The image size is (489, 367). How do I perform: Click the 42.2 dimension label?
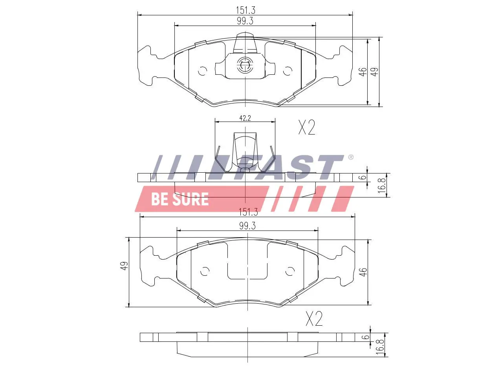tap(245, 118)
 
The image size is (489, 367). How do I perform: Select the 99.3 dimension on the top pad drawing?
tap(245, 21)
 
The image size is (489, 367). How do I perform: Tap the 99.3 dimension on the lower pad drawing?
tap(247, 226)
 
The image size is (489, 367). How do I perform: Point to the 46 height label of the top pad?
tap(363, 72)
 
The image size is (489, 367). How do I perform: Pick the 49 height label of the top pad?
tap(375, 72)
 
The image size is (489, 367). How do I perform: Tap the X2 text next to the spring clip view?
tap(306, 127)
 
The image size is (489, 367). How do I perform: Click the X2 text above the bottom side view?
tap(314, 319)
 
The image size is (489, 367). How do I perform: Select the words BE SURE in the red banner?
tap(179, 199)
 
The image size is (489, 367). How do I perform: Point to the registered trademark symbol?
tap(350, 157)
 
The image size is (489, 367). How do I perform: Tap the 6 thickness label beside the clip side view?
tap(363, 177)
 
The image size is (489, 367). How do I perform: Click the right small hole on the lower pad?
tap(290, 271)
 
